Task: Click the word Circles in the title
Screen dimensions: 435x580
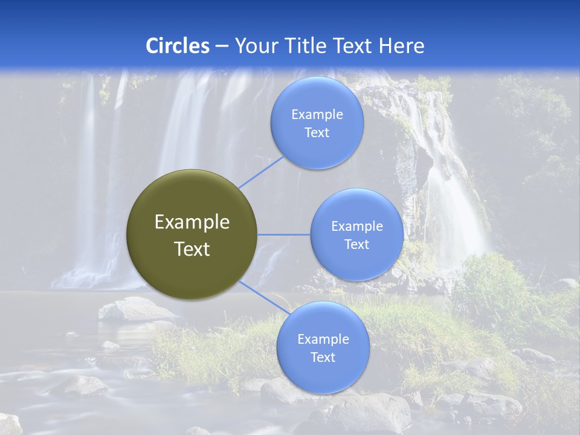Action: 178,46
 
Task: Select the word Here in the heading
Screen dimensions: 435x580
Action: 401,46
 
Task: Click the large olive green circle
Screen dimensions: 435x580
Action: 192,234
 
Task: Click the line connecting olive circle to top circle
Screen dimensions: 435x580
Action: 260,172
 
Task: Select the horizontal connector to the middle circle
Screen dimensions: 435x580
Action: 283,234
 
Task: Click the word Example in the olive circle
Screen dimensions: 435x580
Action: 192,222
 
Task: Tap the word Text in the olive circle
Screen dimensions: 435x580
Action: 192,249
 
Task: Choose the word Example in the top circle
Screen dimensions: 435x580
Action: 317,115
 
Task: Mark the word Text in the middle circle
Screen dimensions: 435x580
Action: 356,245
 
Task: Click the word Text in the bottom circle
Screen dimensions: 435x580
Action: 323,358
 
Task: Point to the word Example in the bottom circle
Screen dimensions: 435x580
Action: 323,340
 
